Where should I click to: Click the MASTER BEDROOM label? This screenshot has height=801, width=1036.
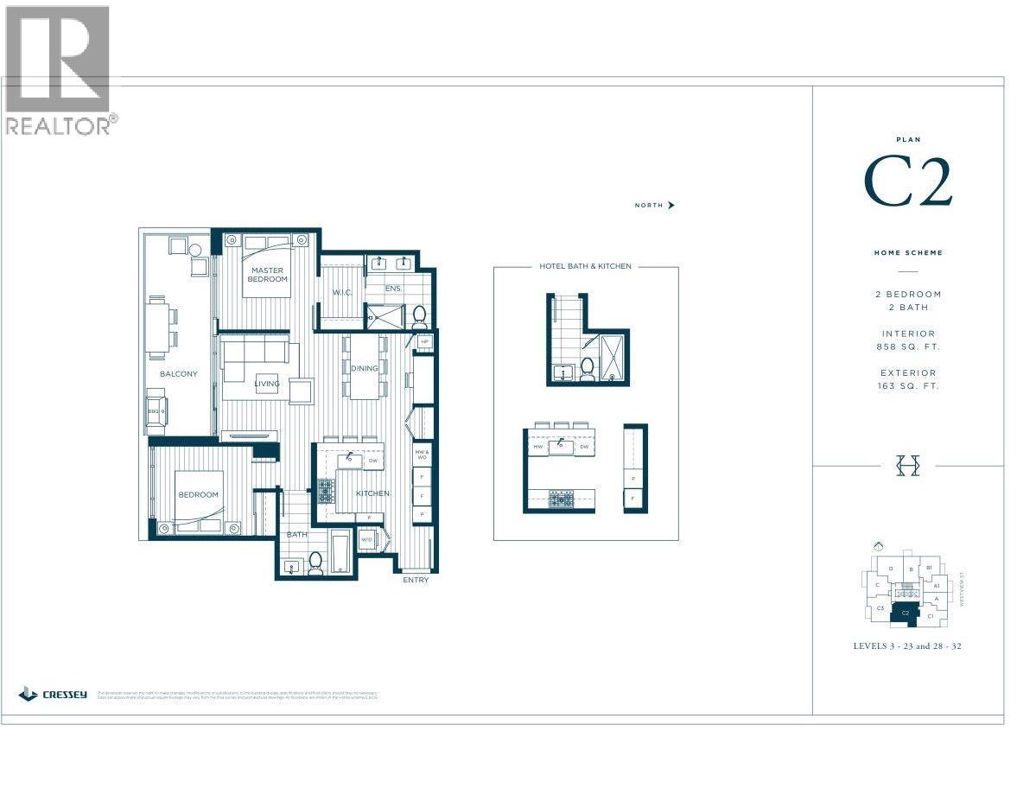click(x=268, y=275)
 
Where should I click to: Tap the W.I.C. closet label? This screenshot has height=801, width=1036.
click(x=342, y=292)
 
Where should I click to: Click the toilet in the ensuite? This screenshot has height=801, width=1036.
click(x=420, y=315)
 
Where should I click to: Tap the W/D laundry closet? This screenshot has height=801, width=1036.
click(x=366, y=540)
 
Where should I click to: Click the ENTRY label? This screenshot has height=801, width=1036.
click(x=415, y=580)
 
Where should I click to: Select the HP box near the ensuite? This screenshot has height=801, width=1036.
click(x=424, y=342)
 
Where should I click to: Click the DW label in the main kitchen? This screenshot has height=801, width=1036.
click(x=372, y=461)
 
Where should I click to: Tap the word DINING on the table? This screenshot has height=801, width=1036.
click(x=364, y=368)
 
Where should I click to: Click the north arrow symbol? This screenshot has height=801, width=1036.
click(x=671, y=206)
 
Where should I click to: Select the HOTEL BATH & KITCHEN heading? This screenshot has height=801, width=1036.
click(x=585, y=266)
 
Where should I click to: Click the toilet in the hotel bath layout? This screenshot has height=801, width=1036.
click(x=588, y=369)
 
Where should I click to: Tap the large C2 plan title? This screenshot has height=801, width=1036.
click(x=907, y=182)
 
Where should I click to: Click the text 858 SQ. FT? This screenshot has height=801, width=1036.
click(x=907, y=346)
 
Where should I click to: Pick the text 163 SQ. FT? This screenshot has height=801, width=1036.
click(x=907, y=386)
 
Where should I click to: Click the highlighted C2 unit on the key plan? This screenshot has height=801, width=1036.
click(x=905, y=613)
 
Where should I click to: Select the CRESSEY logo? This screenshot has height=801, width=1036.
click(x=53, y=694)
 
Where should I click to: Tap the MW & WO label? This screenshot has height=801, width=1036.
click(x=423, y=455)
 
